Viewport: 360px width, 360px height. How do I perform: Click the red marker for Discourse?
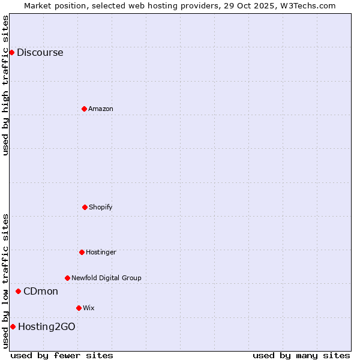(11, 52)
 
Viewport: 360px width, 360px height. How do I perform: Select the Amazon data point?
(84, 109)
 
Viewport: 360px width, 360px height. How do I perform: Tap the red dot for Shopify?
(85, 207)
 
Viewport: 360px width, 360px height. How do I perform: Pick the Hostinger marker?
(82, 252)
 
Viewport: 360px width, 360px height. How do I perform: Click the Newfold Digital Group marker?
(67, 278)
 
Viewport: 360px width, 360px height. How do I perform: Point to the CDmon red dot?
(18, 291)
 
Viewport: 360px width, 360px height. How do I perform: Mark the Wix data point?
(79, 308)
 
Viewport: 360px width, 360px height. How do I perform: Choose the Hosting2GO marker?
(13, 326)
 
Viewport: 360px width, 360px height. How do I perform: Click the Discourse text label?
(40, 52)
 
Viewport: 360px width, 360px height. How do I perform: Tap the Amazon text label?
(101, 109)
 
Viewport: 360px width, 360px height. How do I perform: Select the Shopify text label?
(101, 207)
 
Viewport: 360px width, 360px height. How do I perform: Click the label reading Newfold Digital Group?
(106, 278)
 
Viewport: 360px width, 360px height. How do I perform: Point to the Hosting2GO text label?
(47, 326)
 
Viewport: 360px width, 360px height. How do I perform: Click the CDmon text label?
(41, 291)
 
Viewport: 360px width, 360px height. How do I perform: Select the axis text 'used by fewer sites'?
(62, 355)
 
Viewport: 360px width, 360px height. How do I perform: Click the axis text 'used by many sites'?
(301, 355)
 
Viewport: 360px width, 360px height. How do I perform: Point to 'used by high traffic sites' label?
(5, 85)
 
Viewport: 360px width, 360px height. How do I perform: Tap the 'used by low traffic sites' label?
(5, 280)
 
